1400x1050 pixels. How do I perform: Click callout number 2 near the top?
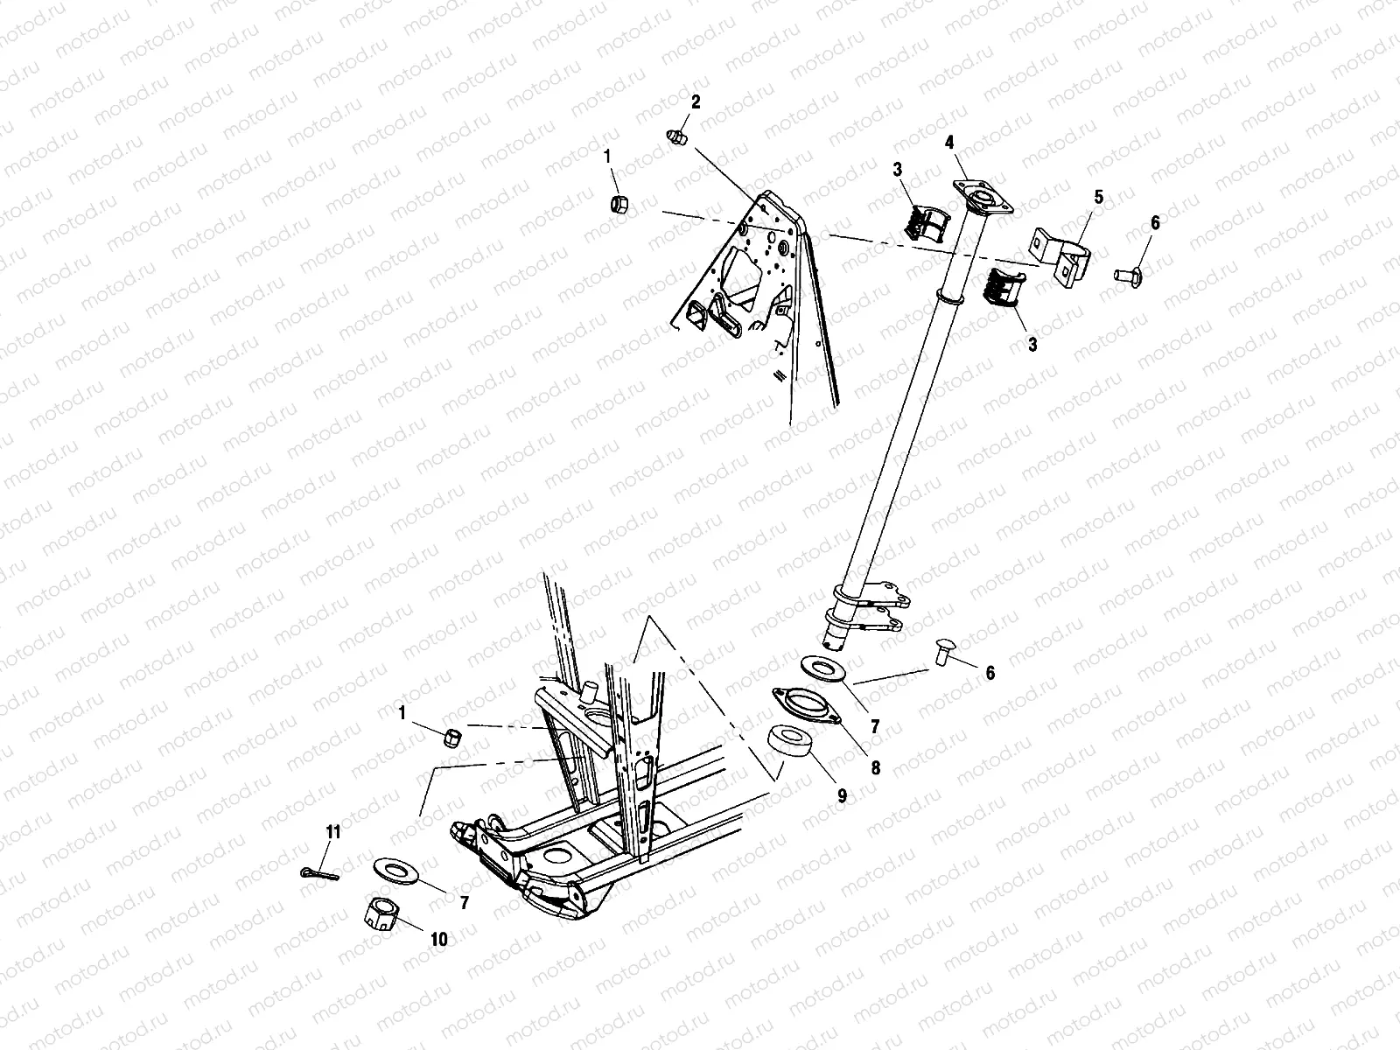(x=696, y=102)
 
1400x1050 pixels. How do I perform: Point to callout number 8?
(x=875, y=769)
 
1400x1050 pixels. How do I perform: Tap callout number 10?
(x=438, y=939)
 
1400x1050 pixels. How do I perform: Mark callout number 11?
(x=332, y=832)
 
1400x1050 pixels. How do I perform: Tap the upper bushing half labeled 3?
(x=924, y=221)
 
